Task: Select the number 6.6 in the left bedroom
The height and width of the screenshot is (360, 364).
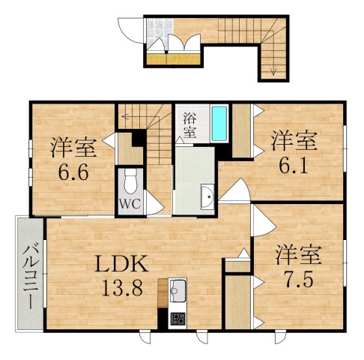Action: pos(74,171)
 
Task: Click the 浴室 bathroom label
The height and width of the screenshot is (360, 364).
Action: pos(190,126)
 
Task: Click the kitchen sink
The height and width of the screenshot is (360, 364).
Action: pos(178,288)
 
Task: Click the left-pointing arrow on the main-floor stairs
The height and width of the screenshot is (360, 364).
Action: pos(124,116)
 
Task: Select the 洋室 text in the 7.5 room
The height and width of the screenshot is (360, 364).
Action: pos(297,253)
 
